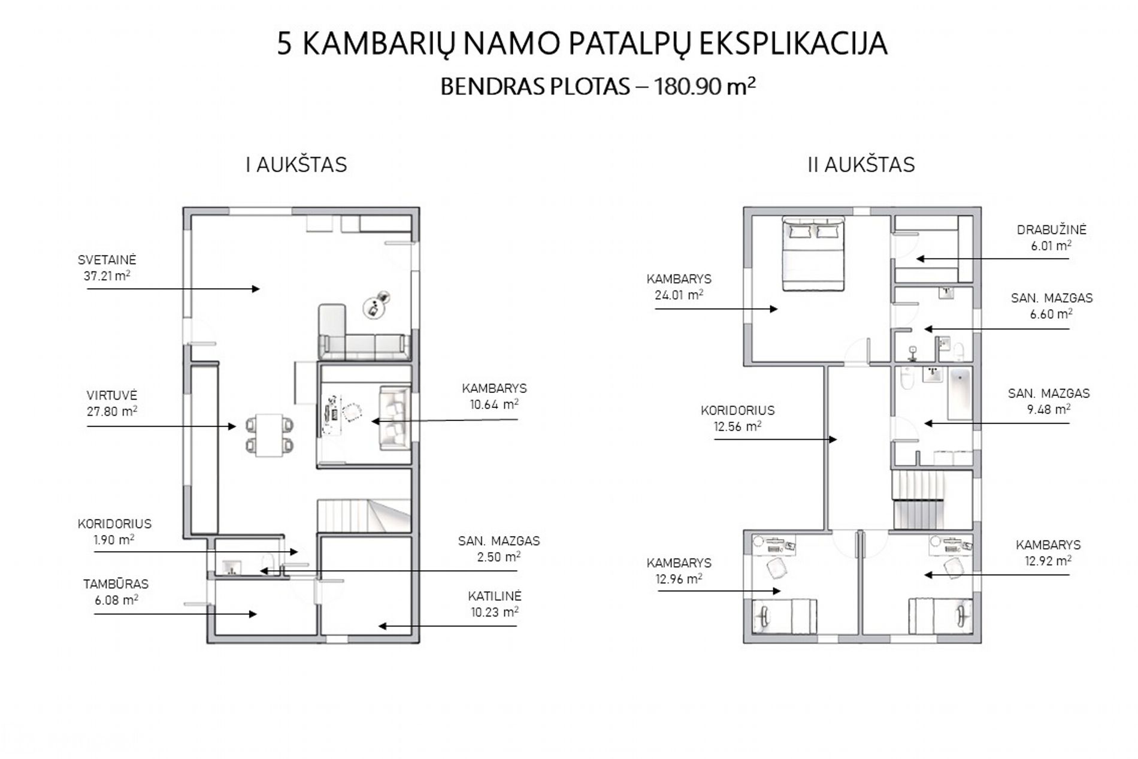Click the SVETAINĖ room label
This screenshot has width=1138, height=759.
point(107,260)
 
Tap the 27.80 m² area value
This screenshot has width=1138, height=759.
point(112,412)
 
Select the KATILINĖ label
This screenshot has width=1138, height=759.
point(495,596)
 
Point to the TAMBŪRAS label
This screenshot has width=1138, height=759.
point(116,583)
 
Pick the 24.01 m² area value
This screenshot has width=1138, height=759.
point(679,295)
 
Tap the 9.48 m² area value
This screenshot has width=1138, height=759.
point(1048,410)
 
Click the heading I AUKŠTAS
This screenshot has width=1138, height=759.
point(296,165)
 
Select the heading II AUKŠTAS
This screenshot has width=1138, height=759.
point(861,165)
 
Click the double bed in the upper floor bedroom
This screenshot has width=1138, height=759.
point(813,254)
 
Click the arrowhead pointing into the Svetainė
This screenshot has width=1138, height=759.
point(256,289)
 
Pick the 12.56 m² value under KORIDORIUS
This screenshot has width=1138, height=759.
point(737,427)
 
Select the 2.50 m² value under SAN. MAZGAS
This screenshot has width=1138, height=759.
point(498,557)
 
